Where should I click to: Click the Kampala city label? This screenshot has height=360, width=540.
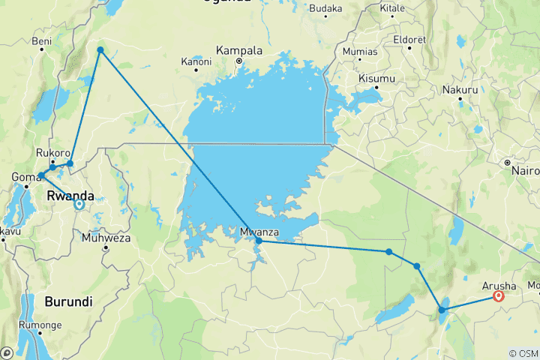(239, 51)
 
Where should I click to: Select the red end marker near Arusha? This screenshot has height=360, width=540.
(497, 296)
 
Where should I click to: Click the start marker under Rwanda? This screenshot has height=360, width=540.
(79, 202)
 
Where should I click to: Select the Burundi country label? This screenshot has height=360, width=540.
(68, 301)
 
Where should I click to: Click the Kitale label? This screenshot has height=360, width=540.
(392, 9)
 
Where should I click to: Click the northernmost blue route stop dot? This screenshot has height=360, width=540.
(100, 50)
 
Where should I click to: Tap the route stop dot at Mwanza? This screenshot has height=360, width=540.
(259, 241)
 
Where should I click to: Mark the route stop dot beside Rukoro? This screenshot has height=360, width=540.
(70, 163)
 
